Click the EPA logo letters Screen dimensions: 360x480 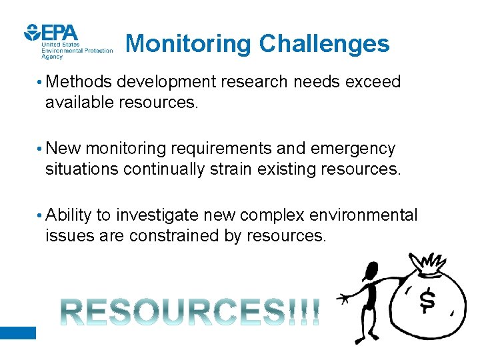59,32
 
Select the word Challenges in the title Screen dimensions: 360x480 324,44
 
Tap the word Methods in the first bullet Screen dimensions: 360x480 79,82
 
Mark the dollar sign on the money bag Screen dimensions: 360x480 427,301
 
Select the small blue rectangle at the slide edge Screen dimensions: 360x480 17,333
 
